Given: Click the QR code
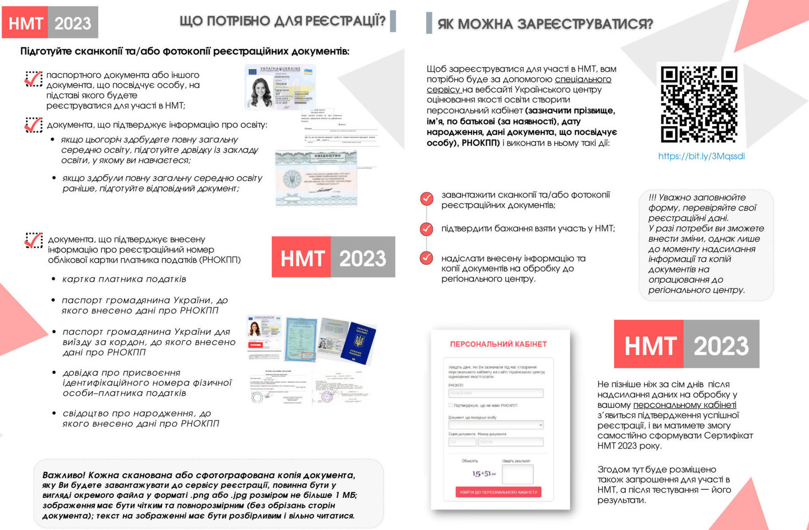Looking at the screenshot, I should (x=699, y=105).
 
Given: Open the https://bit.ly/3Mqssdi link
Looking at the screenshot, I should (x=701, y=156).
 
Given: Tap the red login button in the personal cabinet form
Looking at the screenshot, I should (x=498, y=492).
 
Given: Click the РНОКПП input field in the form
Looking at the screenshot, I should (x=495, y=393).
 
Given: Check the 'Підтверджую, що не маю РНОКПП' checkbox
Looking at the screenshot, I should (x=450, y=405).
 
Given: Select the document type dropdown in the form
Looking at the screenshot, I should (x=495, y=425).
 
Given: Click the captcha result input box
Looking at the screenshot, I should (x=517, y=474).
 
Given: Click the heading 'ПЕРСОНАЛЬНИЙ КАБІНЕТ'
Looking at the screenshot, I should (x=499, y=344).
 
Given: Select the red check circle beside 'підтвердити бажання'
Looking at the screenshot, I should (x=427, y=229).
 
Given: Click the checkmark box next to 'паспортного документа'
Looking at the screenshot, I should (x=33, y=79).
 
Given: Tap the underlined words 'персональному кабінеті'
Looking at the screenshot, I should (x=684, y=405).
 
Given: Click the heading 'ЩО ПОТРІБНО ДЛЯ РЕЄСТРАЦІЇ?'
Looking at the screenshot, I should (x=282, y=21).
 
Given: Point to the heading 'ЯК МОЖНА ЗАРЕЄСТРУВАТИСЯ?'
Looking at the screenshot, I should (x=545, y=24).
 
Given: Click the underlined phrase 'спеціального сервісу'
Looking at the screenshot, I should (x=582, y=80).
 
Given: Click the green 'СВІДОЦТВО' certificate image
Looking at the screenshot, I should (x=316, y=179).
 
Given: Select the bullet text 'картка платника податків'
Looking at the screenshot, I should (x=124, y=279).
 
